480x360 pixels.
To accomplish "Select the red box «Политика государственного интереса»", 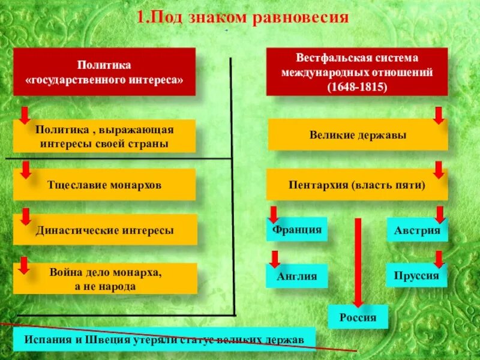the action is pyautogui.click(x=104, y=71).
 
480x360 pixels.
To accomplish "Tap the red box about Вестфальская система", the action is pyautogui.click(x=357, y=72).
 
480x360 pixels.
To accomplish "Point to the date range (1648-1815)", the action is pyautogui.click(x=357, y=86).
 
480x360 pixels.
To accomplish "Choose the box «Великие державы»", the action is pyautogui.click(x=358, y=135).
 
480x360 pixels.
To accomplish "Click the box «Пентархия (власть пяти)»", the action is pyautogui.click(x=358, y=184).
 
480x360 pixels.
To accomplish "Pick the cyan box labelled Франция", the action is pyautogui.click(x=296, y=229).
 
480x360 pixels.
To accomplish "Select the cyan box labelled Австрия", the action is pyautogui.click(x=417, y=230).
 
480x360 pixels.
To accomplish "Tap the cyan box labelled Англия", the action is pyautogui.click(x=296, y=276).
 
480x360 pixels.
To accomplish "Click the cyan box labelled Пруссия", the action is pyautogui.click(x=417, y=275).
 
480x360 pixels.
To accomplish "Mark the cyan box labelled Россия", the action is pyautogui.click(x=358, y=317).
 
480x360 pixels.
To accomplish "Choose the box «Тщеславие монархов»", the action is pyautogui.click(x=104, y=184).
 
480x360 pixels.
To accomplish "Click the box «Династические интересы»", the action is pyautogui.click(x=104, y=229).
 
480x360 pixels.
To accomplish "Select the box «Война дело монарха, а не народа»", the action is pyautogui.click(x=104, y=278).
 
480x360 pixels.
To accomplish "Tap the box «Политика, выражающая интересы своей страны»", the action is pyautogui.click(x=104, y=136).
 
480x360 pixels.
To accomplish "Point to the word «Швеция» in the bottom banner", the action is pyautogui.click(x=114, y=339).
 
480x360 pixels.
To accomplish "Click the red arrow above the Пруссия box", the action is pyautogui.click(x=439, y=259).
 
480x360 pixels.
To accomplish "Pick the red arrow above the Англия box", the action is pyautogui.click(x=275, y=259).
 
